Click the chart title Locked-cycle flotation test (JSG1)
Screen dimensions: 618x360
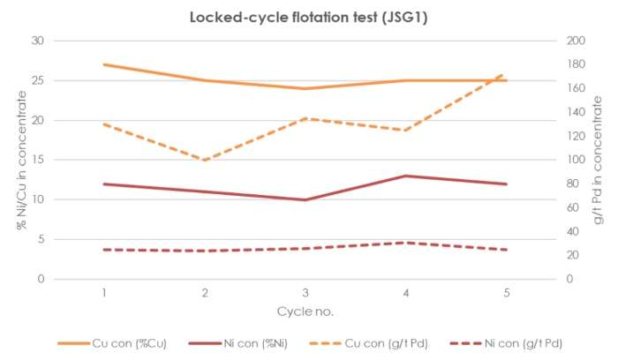pos(309,18)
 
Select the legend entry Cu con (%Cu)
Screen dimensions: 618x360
pos(112,343)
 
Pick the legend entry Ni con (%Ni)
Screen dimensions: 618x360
pos(238,343)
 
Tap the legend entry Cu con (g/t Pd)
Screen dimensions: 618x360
pos(368,343)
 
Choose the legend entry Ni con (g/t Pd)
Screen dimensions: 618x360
pos(506,343)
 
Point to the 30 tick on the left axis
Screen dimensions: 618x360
pos(38,41)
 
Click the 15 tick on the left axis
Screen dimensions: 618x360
pos(38,160)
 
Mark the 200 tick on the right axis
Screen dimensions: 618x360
pos(576,41)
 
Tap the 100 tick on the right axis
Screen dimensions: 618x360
pos(576,160)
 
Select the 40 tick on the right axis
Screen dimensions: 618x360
pos(573,231)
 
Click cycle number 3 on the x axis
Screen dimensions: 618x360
pos(305,293)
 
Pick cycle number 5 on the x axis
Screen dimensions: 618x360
pos(507,293)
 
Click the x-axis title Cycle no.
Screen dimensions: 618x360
pos(305,311)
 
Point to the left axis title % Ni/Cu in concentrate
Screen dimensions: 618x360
pos(22,160)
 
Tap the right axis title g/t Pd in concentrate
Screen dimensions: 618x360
pos(598,160)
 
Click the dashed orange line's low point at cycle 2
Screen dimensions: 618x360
pos(205,161)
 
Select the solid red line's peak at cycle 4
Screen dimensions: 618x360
pos(406,176)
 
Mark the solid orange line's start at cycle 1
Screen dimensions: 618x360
pos(104,64)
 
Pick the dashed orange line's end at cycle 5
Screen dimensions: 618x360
pos(502,74)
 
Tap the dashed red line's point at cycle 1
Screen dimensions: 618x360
pos(104,250)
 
